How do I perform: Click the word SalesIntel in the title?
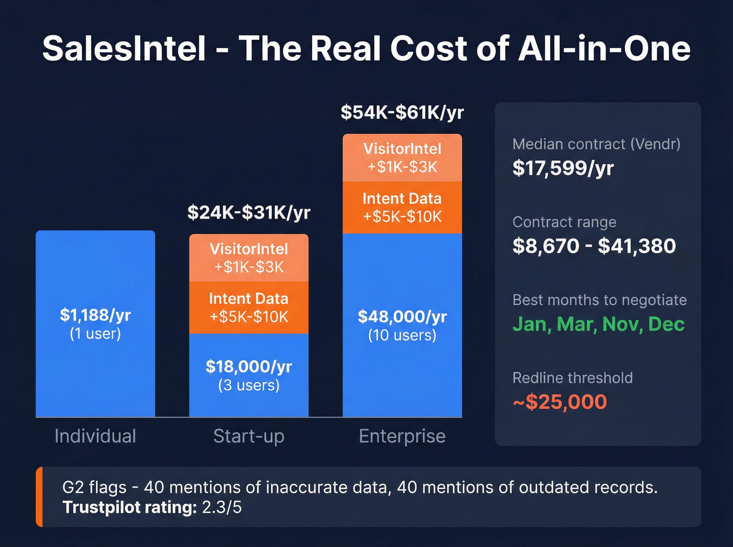point(124,49)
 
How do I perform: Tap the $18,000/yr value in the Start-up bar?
point(249,366)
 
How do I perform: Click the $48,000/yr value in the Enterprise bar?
point(402,317)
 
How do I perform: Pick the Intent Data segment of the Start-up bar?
point(249,307)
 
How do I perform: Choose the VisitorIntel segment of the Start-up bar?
point(249,258)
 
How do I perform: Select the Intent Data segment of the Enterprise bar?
point(402,207)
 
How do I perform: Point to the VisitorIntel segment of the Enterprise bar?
point(402,158)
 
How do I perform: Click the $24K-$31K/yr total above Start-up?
point(249,213)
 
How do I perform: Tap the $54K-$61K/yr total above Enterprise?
point(402,113)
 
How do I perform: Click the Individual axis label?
point(95,436)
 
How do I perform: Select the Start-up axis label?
point(249,436)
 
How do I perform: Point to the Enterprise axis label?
point(402,436)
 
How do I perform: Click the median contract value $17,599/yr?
point(563,168)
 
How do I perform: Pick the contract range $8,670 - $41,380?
point(594,246)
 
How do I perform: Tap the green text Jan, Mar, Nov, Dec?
point(598,324)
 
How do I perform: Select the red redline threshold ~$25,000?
point(560,402)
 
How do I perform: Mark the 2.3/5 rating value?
point(222,507)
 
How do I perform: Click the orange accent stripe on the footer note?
point(39,497)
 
